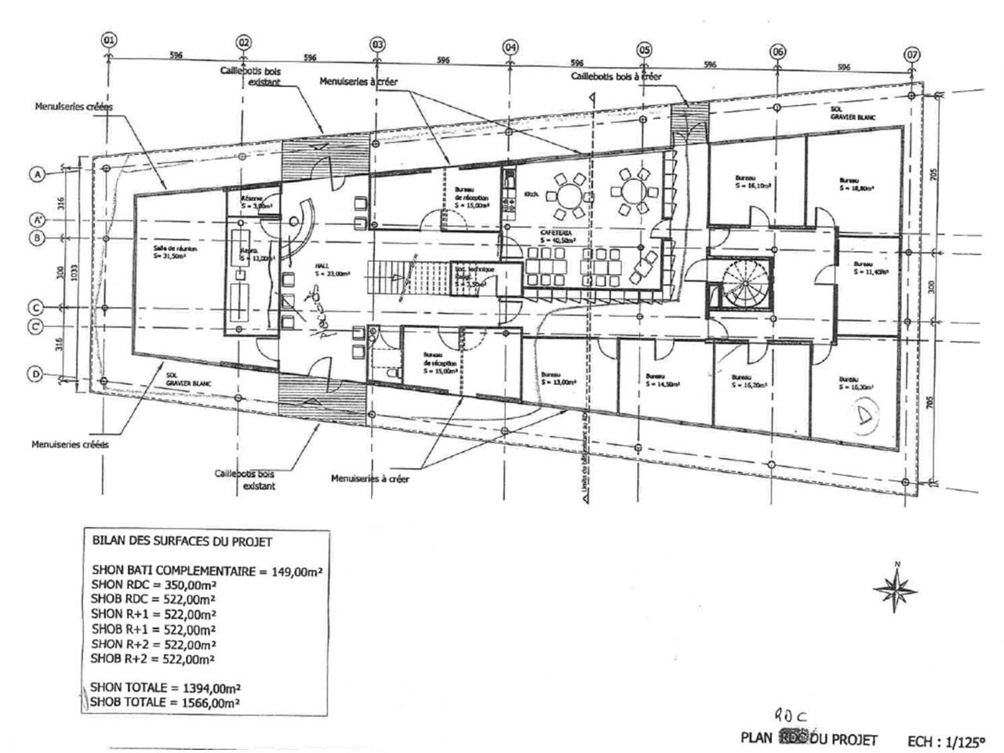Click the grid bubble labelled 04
click(511, 47)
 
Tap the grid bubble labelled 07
click(911, 55)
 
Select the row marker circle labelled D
click(35, 375)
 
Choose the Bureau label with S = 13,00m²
click(559, 379)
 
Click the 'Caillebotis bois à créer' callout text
click(616, 77)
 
